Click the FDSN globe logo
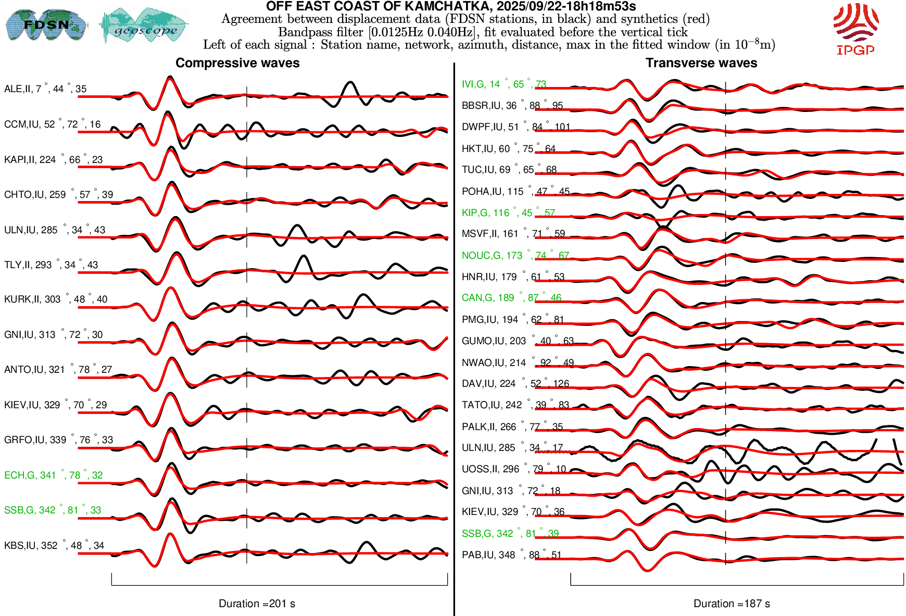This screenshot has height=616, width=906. tap(46, 24)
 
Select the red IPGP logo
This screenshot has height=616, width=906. tap(855, 29)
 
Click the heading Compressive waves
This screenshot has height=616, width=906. tap(237, 63)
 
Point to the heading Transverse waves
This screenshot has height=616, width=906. tap(701, 63)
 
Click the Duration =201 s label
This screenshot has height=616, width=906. tap(257, 604)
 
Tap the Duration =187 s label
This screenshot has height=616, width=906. tap(732, 604)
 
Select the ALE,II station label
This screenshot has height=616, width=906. tap(45, 89)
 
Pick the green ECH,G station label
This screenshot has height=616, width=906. tap(53, 475)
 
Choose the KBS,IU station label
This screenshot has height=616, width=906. tap(54, 546)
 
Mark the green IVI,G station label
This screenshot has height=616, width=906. tap(504, 84)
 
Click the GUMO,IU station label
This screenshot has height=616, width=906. tap(518, 341)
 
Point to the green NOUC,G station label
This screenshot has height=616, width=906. tap(515, 256)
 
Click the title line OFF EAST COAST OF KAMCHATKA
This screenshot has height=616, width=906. tap(451, 7)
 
